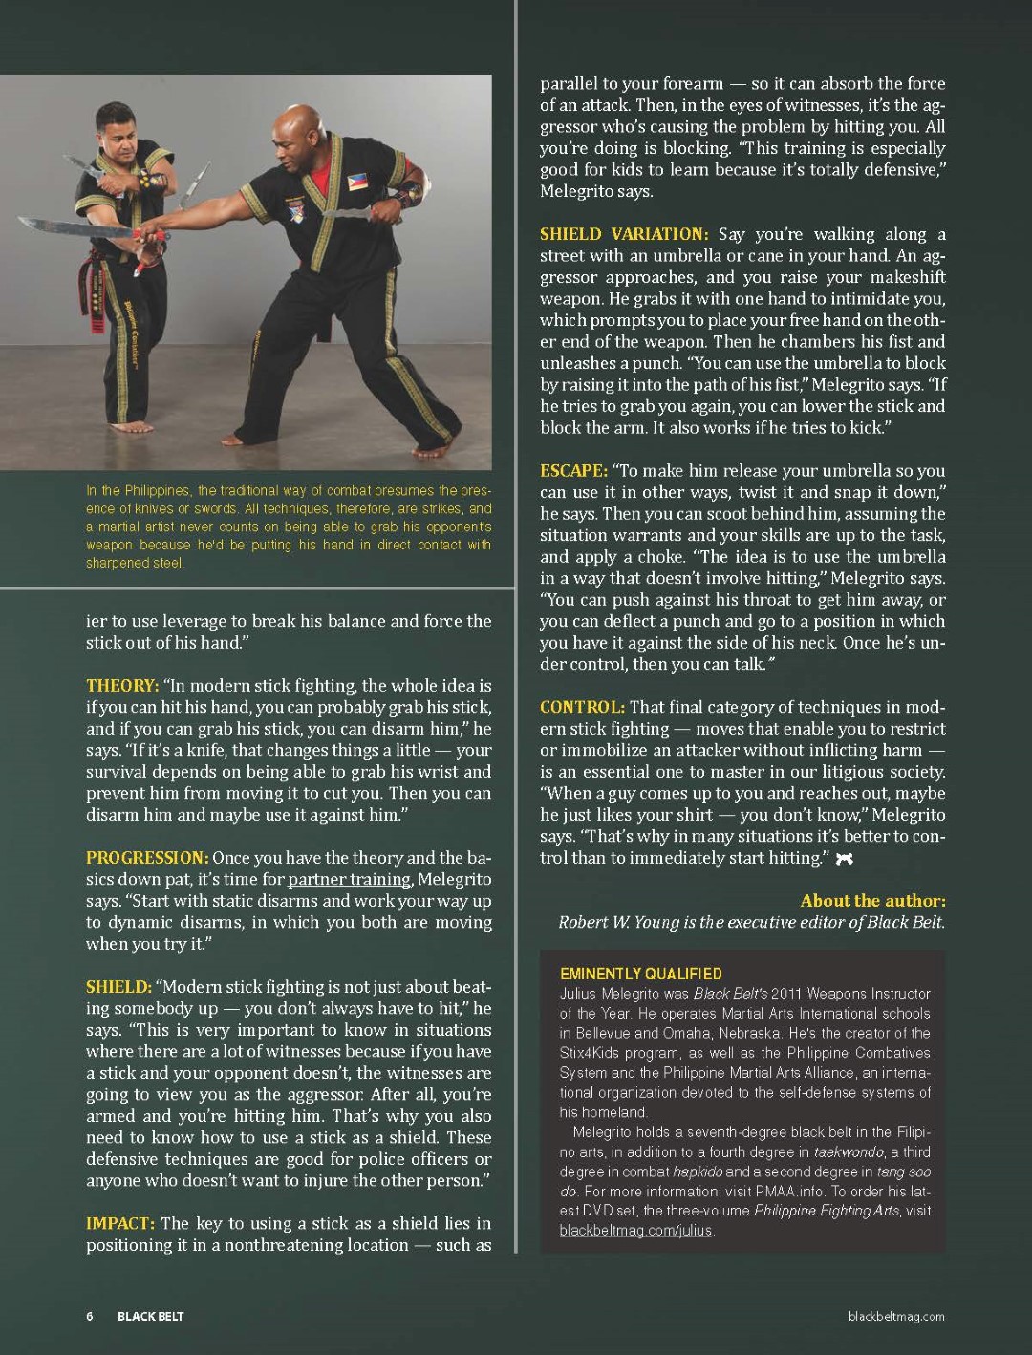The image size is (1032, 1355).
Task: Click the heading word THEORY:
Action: (122, 686)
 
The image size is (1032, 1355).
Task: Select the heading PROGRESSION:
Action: (147, 858)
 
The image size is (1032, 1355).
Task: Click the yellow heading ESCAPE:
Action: (573, 471)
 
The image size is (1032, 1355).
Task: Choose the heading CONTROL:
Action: (582, 707)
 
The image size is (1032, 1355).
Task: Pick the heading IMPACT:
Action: (120, 1223)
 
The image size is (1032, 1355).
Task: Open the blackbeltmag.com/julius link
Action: (635, 1230)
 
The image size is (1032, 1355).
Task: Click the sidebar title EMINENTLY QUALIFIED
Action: (641, 974)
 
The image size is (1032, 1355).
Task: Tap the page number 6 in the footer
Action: (89, 1316)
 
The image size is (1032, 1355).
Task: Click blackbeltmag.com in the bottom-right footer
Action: (896, 1316)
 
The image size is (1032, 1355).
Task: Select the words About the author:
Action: (873, 901)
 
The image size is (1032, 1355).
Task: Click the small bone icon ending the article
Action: (844, 859)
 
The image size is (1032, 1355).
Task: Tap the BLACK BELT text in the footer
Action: (151, 1316)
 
